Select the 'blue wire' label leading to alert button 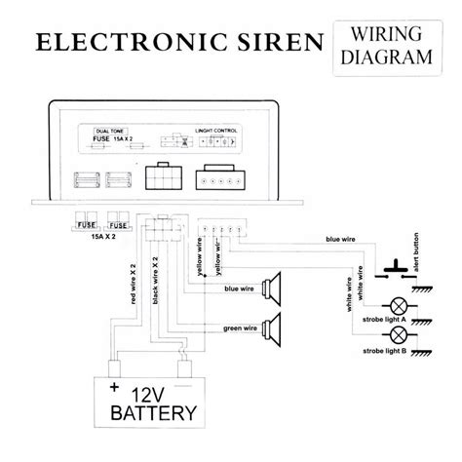pos(317,238)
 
